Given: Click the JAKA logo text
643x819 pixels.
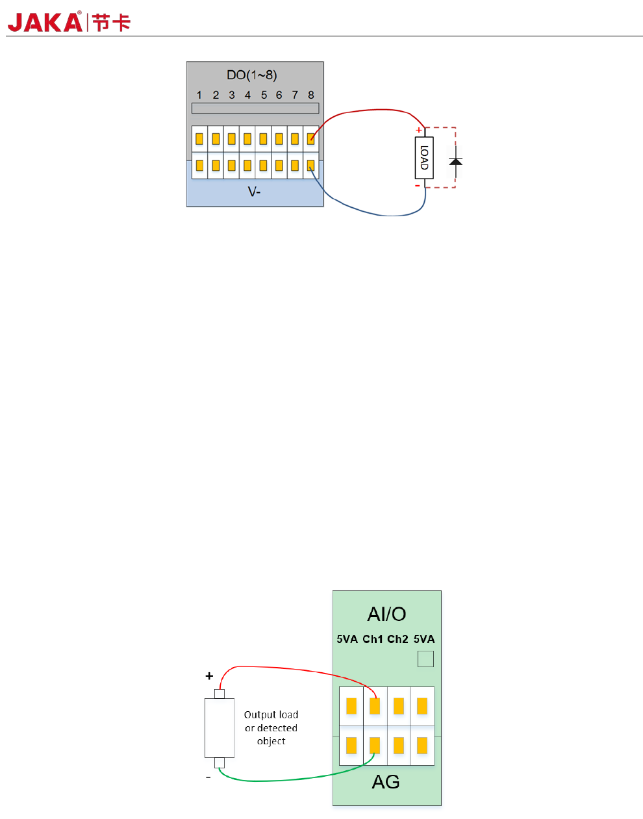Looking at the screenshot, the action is [45, 22].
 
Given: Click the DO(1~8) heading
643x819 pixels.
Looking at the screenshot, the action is [252, 75].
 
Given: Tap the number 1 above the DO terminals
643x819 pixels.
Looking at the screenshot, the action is [199, 95].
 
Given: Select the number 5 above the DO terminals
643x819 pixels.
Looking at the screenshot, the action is [264, 95].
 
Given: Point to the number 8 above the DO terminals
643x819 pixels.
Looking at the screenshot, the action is [311, 95].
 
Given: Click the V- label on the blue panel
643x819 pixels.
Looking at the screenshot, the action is [254, 192].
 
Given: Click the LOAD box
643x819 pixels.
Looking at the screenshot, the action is [424, 158].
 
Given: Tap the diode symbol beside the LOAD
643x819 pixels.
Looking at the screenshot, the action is [456, 162].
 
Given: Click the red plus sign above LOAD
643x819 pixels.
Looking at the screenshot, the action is [418, 130].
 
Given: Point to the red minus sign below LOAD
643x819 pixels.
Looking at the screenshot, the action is [417, 186].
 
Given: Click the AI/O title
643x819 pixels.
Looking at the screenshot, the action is [386, 614].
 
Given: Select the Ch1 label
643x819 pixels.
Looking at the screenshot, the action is [372, 639].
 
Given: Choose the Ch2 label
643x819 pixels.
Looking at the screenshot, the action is [397, 639].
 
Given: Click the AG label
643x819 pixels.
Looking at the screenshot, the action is [386, 782].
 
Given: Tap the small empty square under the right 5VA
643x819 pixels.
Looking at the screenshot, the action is [425, 659].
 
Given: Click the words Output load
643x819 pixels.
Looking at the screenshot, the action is [271, 714].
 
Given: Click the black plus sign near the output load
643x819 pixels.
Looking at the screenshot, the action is [209, 675].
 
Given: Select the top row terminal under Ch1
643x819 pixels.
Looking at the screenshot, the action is [375, 706].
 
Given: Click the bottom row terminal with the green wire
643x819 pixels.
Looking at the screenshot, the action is [375, 746].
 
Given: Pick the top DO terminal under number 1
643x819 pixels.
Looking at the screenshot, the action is [199, 139].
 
